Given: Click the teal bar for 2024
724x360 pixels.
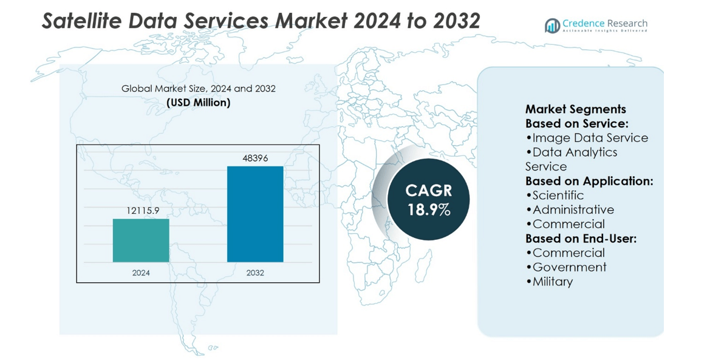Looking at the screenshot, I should [141, 240].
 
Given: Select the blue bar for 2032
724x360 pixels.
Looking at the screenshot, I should [255, 214].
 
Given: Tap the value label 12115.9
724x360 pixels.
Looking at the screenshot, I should [141, 211].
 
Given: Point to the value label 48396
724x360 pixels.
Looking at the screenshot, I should [255, 158].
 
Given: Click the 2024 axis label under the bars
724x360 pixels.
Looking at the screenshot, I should [141, 273].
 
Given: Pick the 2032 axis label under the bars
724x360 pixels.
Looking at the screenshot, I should [255, 273].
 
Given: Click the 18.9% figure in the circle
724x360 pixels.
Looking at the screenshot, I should [429, 210].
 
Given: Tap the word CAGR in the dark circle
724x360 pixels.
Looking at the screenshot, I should [429, 191].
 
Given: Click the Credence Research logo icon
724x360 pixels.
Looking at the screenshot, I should [552, 25].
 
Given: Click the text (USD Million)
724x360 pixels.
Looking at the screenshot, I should [199, 103].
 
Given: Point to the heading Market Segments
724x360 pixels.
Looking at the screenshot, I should [575, 109].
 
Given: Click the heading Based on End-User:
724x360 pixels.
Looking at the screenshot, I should [581, 239].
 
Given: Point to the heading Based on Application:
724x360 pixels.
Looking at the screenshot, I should [589, 181].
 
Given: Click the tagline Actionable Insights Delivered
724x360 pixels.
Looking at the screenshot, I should [604, 30].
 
